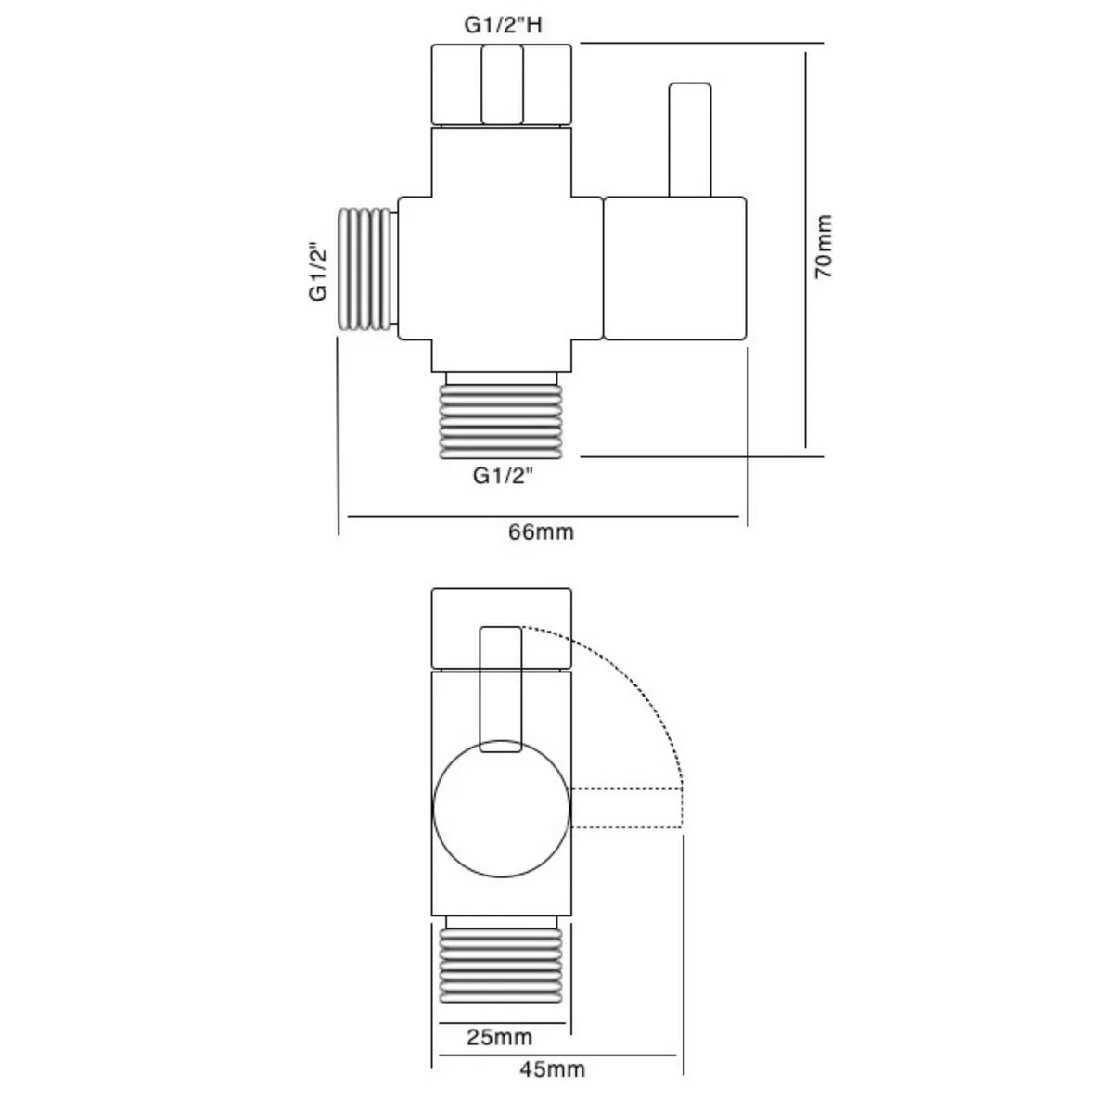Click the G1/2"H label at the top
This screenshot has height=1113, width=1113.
(x=502, y=25)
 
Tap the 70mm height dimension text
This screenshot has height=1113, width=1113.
(x=824, y=246)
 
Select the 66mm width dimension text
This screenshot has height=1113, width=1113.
(x=541, y=532)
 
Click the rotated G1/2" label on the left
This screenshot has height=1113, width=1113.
(x=319, y=271)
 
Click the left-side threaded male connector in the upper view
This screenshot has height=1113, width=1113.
(x=367, y=269)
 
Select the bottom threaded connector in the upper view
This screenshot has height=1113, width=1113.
(x=501, y=417)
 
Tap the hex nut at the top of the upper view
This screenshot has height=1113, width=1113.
(x=501, y=84)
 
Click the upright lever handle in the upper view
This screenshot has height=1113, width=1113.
(x=689, y=139)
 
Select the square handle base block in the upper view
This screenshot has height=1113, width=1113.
(x=675, y=268)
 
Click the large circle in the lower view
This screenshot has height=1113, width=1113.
(x=502, y=809)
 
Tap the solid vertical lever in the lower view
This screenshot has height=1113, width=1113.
(x=501, y=686)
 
